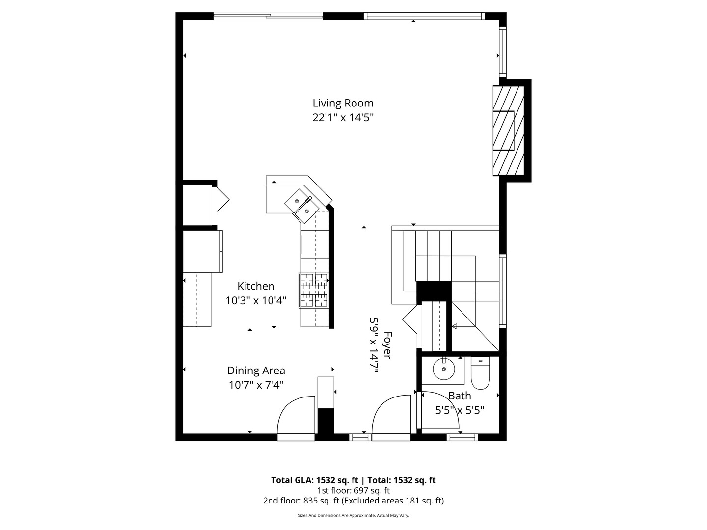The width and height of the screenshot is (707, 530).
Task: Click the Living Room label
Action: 343,103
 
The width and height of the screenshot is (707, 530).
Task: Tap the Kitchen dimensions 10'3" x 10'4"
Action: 255,300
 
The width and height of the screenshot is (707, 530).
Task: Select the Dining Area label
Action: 256,371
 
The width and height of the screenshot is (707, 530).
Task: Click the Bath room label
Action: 460,396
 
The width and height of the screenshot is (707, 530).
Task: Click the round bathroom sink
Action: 443,369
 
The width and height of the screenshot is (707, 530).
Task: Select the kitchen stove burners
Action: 314,290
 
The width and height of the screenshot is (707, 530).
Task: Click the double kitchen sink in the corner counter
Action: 300,203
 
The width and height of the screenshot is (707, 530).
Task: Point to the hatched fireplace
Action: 509,131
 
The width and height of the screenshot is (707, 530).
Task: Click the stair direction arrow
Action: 455,326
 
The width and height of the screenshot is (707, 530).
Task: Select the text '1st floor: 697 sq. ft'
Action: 353,490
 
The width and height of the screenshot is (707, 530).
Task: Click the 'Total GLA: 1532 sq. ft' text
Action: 316,480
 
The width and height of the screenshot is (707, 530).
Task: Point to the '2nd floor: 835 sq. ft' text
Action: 302,501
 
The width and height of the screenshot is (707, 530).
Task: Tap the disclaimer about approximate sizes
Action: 353,515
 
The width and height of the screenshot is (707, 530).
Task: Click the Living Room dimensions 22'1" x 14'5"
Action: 343,117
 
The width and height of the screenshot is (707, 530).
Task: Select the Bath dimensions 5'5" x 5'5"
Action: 460,410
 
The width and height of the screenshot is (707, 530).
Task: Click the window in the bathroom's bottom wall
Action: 463,437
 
